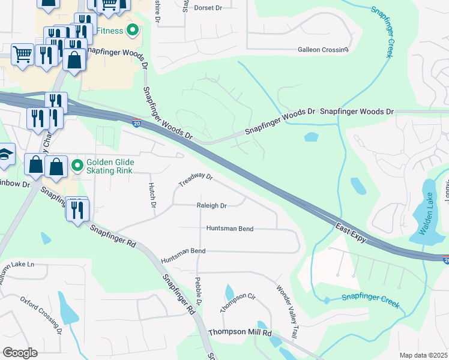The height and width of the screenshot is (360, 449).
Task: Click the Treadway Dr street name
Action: pyautogui.click(x=196, y=179)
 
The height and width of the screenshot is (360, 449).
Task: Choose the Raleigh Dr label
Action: pyautogui.click(x=211, y=206)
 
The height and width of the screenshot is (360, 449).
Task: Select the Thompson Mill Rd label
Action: pyautogui.click(x=240, y=332)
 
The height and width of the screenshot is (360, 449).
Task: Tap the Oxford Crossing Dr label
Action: pyautogui.click(x=41, y=314)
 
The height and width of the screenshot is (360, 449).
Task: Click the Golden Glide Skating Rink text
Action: pyautogui.click(x=110, y=166)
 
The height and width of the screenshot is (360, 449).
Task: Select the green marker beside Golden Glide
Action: pyautogui.click(x=76, y=166)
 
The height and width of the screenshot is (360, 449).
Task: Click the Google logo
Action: pyautogui.click(x=20, y=353)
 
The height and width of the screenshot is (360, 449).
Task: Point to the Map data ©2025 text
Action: pyautogui.click(x=423, y=355)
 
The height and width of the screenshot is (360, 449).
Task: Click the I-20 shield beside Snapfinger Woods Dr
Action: pyautogui.click(x=137, y=124)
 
